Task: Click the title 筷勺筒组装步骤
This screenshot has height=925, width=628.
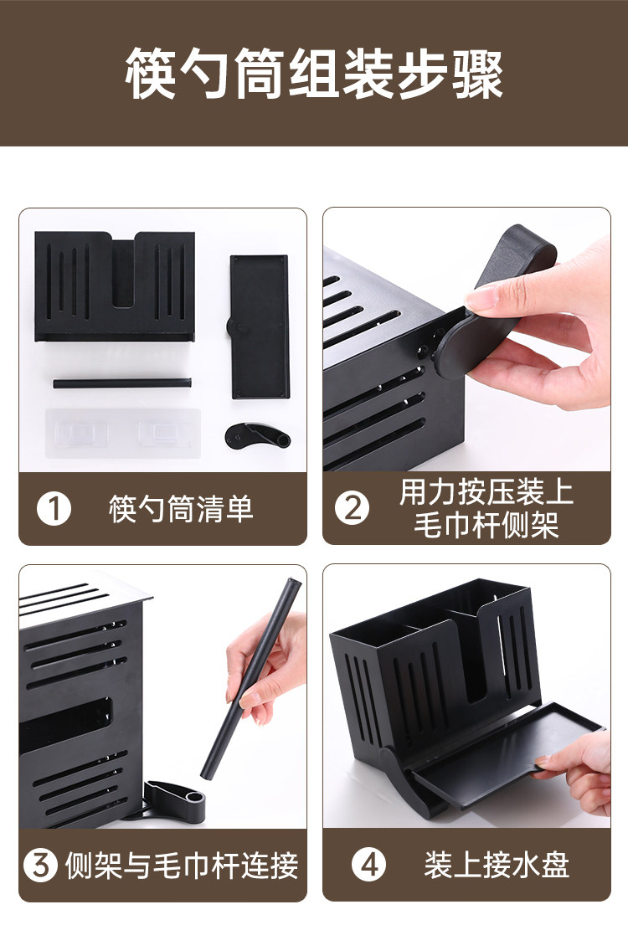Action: (x=314, y=74)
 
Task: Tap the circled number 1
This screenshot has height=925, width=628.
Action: (x=54, y=508)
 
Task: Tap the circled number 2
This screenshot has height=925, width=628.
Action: (x=353, y=508)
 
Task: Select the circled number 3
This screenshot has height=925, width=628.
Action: (x=41, y=865)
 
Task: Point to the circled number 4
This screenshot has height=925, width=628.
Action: (x=369, y=865)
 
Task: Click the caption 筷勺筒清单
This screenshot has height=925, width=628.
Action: (x=181, y=508)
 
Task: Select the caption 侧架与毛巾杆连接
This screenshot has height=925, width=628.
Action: (x=181, y=866)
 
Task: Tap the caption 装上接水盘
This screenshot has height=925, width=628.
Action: (x=497, y=865)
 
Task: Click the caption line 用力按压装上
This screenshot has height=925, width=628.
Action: (x=486, y=492)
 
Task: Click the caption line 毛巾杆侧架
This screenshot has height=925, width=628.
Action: (x=486, y=524)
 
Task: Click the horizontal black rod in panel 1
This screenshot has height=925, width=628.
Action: (x=122, y=383)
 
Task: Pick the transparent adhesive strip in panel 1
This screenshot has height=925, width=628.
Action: (x=123, y=434)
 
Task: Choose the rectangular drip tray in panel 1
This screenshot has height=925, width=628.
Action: (x=259, y=326)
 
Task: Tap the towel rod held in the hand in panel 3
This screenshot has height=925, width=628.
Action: (x=250, y=678)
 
